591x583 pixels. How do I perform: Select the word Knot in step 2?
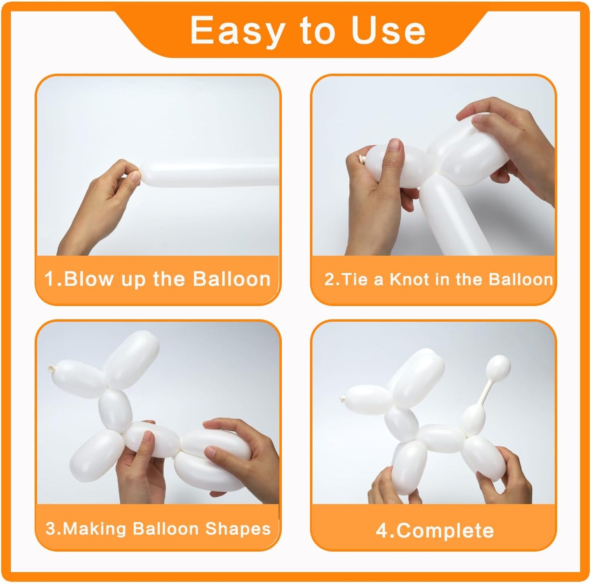click(409, 279)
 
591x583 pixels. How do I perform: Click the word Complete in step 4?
click(445, 531)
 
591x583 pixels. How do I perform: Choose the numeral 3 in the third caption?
click(51, 529)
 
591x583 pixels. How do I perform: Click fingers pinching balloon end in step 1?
click(132, 175)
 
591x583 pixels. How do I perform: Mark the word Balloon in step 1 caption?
click(231, 279)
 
